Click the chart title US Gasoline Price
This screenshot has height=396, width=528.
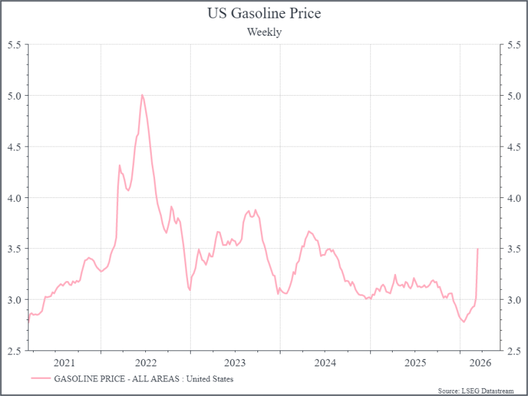pyautogui.click(x=264, y=13)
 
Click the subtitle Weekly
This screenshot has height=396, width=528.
pyautogui.click(x=264, y=32)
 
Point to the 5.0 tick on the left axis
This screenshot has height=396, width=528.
pyautogui.click(x=14, y=96)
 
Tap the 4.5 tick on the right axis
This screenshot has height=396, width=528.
pyautogui.click(x=513, y=147)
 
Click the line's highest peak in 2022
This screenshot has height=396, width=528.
pyautogui.click(x=142, y=94)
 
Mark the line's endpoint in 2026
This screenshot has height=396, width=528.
pyautogui.click(x=477, y=249)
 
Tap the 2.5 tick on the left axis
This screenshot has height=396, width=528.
pyautogui.click(x=14, y=350)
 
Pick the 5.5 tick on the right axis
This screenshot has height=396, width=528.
pyautogui.click(x=513, y=44)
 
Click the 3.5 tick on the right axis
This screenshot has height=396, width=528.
pyautogui.click(x=513, y=249)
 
